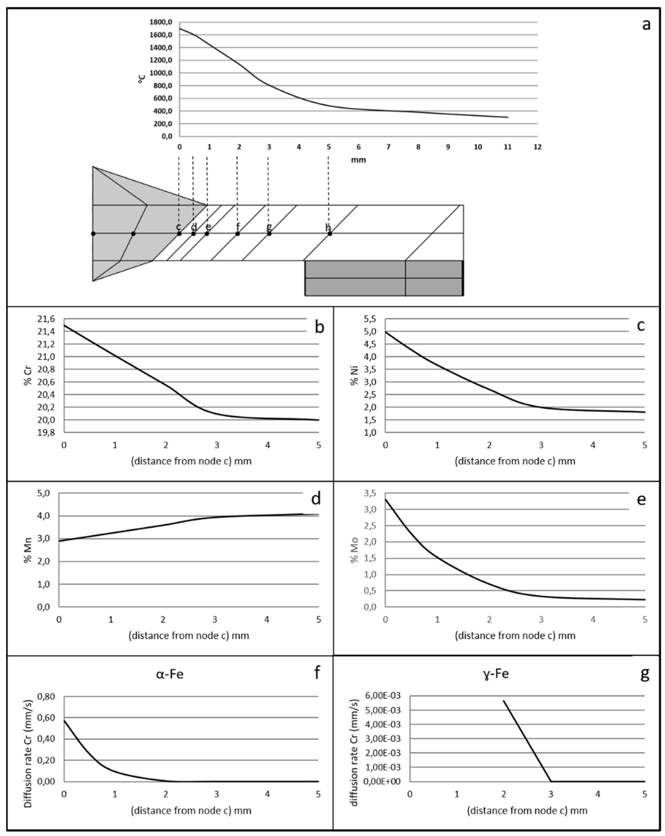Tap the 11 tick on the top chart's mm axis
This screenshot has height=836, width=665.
[507, 147]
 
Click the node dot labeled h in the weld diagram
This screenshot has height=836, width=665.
[330, 234]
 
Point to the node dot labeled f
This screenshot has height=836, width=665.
[238, 234]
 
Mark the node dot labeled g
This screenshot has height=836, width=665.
[269, 234]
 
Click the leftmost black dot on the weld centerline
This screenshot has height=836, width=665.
[93, 234]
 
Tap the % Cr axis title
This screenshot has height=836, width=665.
[28, 375]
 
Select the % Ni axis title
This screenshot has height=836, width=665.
[354, 375]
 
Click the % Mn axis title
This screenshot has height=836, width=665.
[28, 550]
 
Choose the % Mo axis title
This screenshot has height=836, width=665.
[354, 550]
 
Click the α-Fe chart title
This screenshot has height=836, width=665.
[170, 674]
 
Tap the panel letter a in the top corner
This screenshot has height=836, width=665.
[646, 24]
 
